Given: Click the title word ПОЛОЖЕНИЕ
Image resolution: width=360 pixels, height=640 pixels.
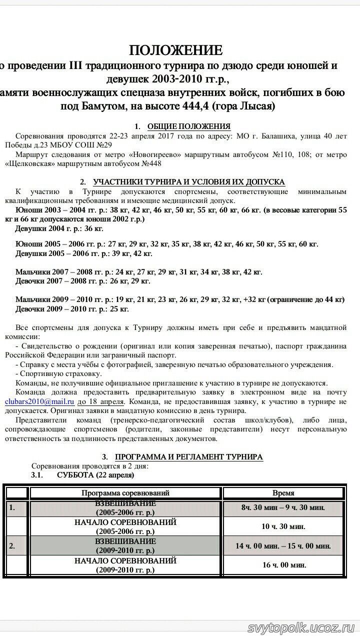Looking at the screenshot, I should coord(175,50).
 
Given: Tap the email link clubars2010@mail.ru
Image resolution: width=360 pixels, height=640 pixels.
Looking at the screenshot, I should coord(40,401).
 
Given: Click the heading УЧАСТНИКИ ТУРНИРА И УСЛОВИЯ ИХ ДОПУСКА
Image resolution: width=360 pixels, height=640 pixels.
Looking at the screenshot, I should coord(189,181).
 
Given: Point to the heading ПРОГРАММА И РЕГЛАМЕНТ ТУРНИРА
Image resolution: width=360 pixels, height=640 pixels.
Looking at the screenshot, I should coord(189,457).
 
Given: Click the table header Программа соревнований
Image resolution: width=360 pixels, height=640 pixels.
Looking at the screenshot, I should coord(125,493).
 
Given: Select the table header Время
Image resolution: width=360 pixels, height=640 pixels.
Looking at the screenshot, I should coord(283,493).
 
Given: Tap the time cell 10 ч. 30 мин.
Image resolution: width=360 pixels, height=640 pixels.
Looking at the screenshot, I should coord(283,526).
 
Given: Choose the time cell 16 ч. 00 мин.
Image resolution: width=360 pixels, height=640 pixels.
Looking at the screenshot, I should coord(284,565).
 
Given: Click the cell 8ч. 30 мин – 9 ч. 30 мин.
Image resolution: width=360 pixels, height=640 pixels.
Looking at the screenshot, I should coord(283,507).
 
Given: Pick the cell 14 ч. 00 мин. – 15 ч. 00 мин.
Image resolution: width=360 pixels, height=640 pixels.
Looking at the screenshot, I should coord(283,545).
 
